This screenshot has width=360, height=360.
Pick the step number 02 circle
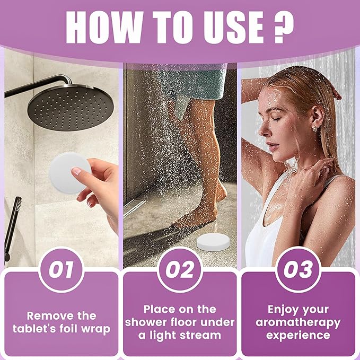[180, 270]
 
